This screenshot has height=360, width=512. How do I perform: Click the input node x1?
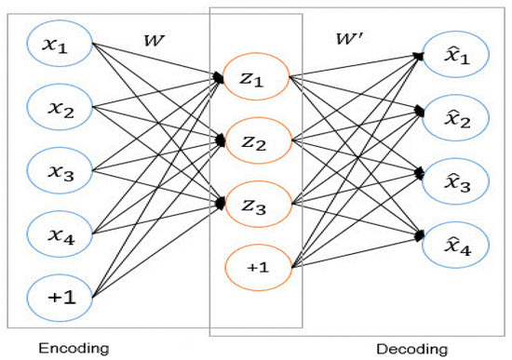coord(58,44)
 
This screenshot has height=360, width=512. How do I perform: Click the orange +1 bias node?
coord(256,267)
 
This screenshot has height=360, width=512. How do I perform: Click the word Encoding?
coord(69,347)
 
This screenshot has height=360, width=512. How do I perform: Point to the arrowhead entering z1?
coord(220,79)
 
